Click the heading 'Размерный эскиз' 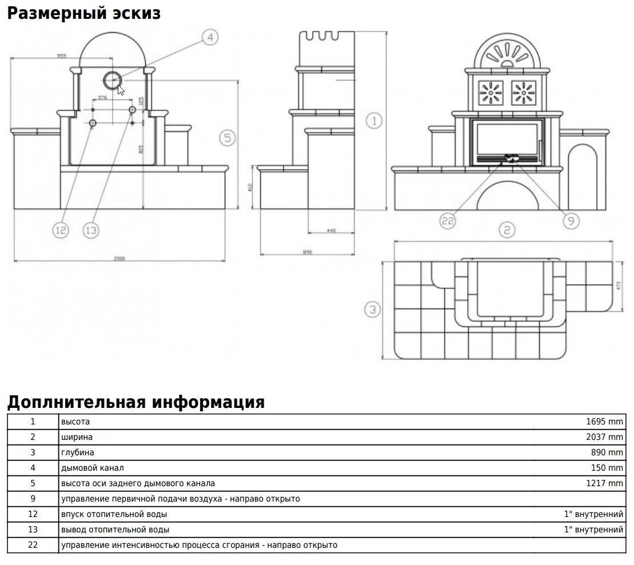(x=83, y=13)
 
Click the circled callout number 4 (x=210, y=38)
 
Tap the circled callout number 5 (x=228, y=138)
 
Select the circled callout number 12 (x=60, y=230)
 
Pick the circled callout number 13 (x=91, y=230)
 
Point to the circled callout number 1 (x=374, y=121)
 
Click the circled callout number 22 (x=448, y=221)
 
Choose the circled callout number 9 (x=571, y=221)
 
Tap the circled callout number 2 (x=507, y=230)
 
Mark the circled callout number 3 (x=373, y=310)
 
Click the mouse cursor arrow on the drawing (x=121, y=90)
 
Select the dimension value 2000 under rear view (x=119, y=258)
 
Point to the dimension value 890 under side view (x=308, y=252)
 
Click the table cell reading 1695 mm (x=604, y=422)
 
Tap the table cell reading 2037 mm (x=604, y=437)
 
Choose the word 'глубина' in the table (x=78, y=452)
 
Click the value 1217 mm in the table (x=604, y=483)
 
